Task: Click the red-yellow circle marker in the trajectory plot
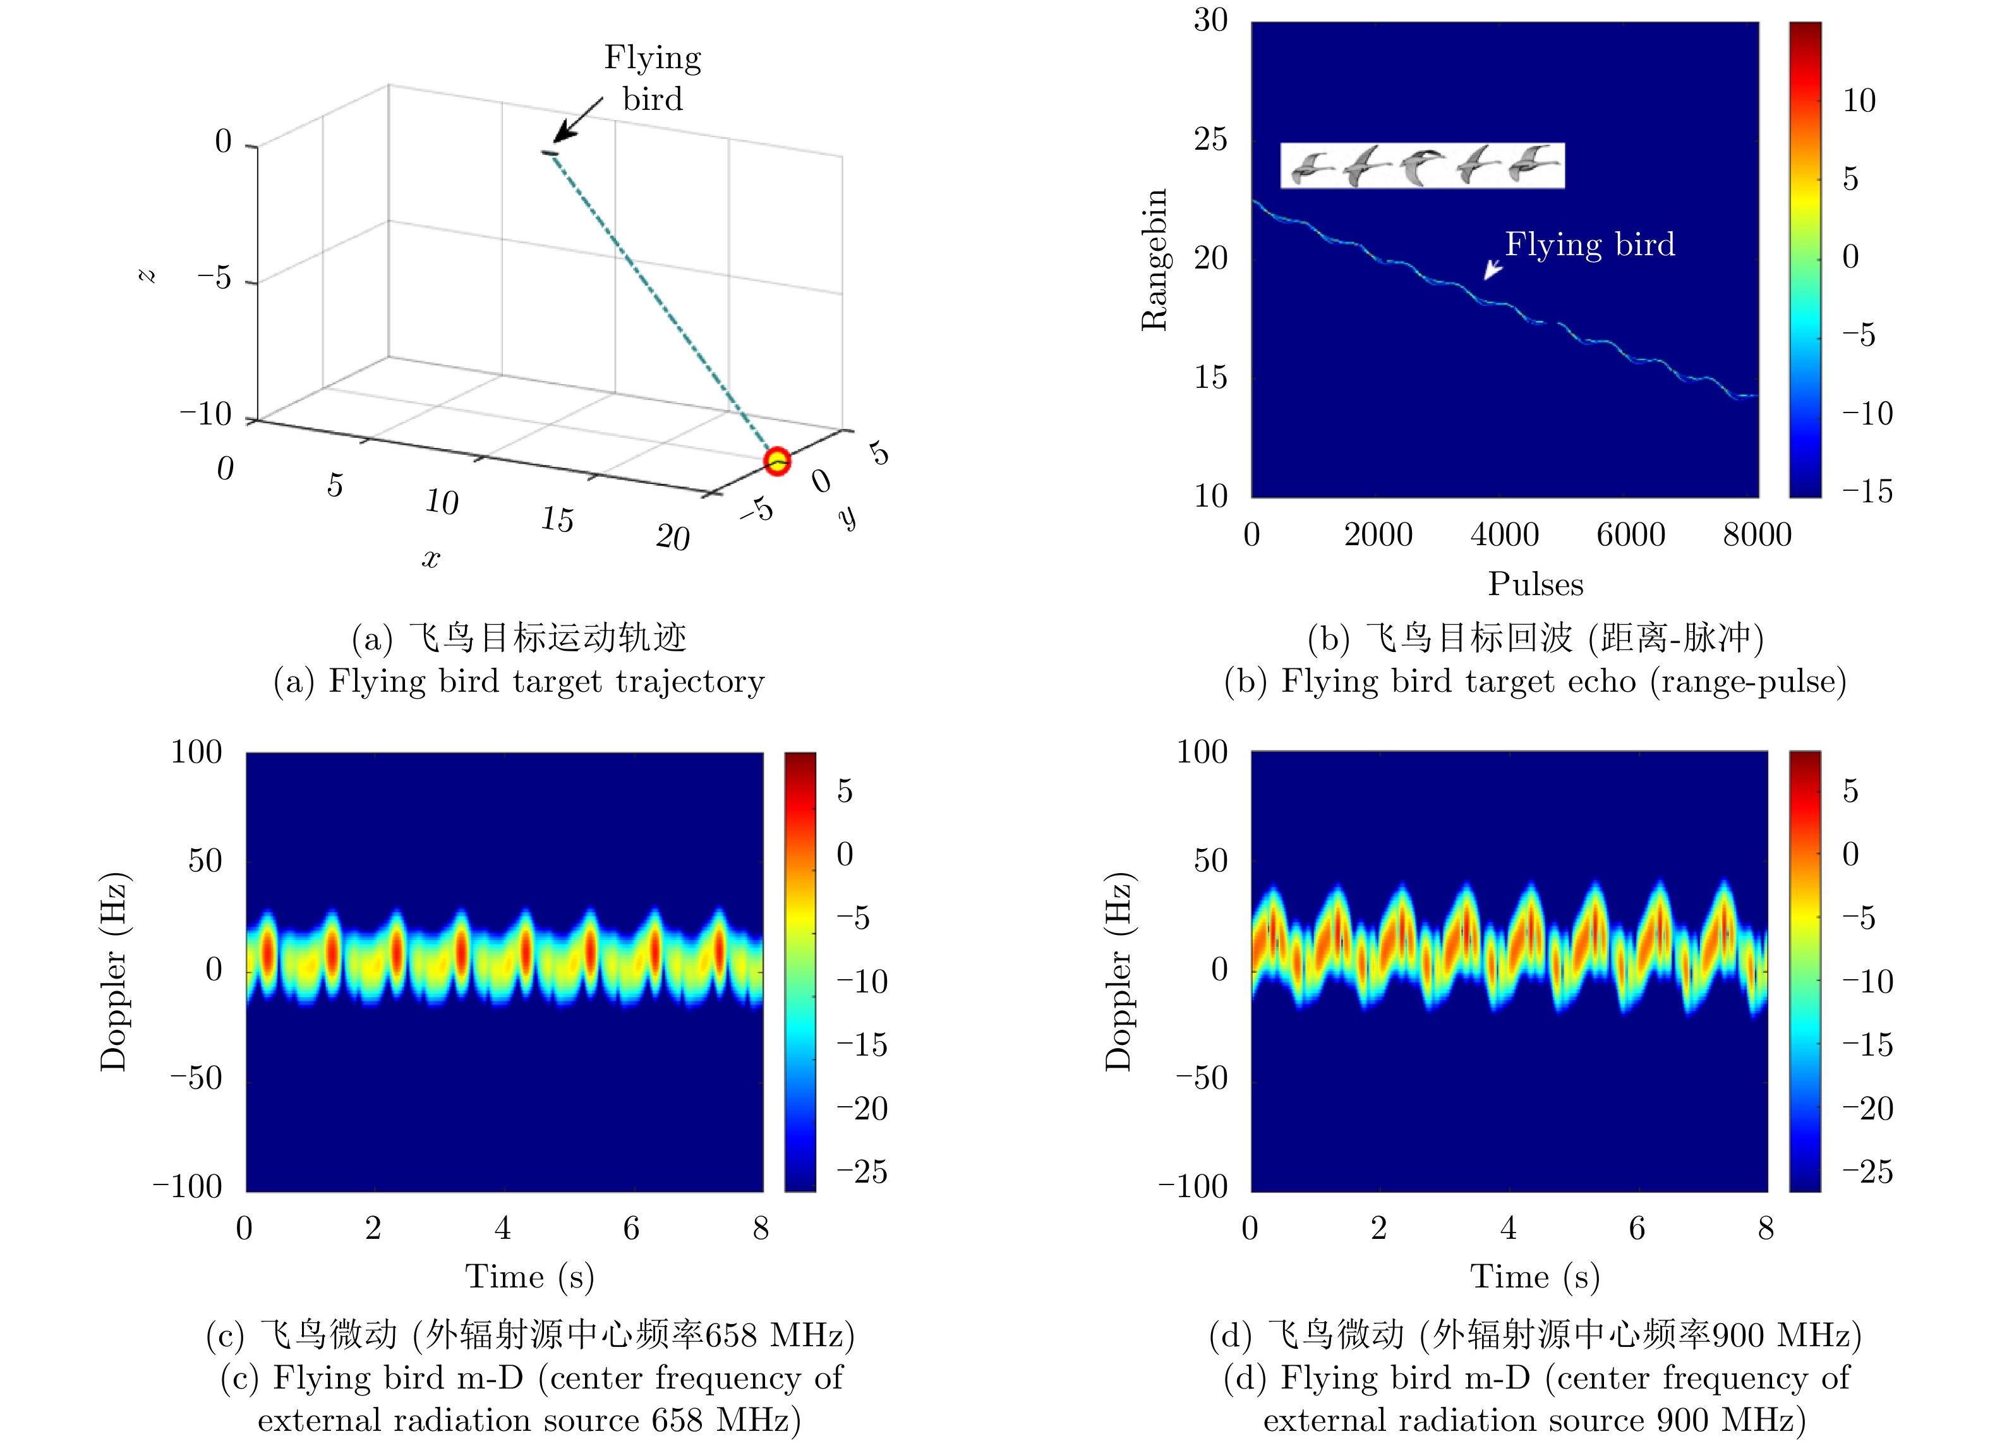click(x=776, y=461)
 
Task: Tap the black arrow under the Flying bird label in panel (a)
click(x=577, y=119)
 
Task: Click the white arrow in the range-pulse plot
click(x=1492, y=269)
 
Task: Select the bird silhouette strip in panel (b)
click(x=1421, y=165)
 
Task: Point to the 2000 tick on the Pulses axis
click(x=1378, y=534)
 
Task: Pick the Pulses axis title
click(x=1536, y=584)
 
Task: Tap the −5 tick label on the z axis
click(x=214, y=278)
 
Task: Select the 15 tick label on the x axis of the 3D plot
click(x=557, y=519)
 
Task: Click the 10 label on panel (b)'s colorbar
click(x=1859, y=101)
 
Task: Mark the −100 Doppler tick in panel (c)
click(x=188, y=1186)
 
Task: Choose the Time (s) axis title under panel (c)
click(x=529, y=1277)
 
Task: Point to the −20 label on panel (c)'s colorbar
click(x=862, y=1109)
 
